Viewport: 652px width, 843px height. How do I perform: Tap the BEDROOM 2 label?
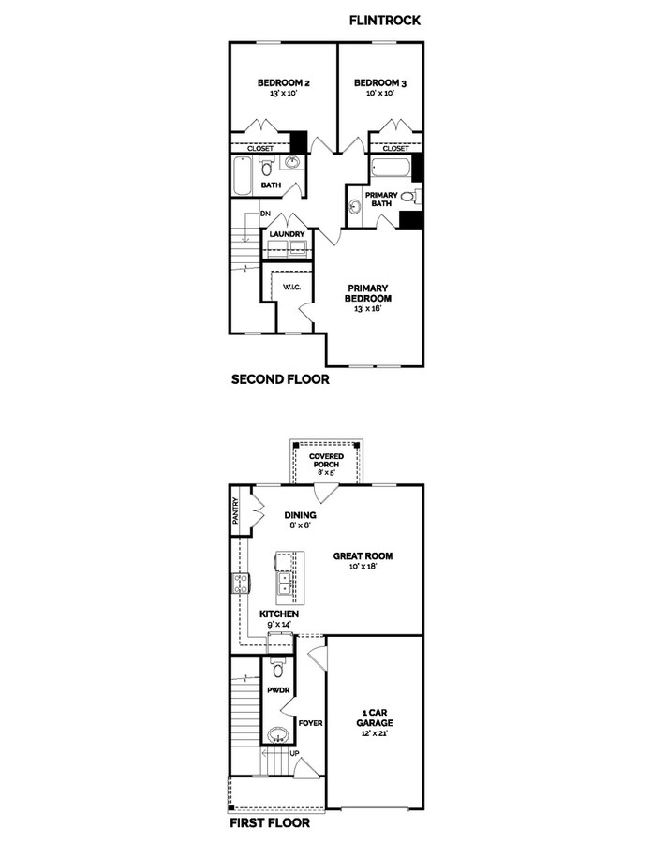284,83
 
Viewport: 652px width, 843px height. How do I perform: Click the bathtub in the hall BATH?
243,175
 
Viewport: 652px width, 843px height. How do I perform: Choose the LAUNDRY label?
289,234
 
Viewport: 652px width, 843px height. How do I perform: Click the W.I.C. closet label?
290,287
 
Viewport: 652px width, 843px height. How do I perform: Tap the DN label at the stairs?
252,215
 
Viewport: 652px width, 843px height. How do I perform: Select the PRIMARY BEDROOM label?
368,293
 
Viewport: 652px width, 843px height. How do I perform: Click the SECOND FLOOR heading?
279,381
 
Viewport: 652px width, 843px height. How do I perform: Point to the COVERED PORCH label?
327,461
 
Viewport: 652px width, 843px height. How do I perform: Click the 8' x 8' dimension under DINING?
301,526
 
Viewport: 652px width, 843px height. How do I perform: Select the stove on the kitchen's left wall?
238,584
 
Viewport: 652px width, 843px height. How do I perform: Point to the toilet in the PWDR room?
277,668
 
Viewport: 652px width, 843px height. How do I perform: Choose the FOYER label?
309,722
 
